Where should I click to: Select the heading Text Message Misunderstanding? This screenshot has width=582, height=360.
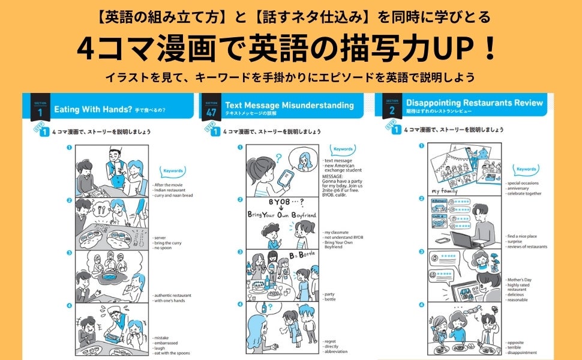[x=289, y=105]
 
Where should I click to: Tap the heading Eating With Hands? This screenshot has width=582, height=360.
[x=92, y=110]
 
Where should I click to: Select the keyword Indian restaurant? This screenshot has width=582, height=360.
[x=170, y=191]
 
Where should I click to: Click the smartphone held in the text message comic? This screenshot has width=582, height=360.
[x=286, y=178]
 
